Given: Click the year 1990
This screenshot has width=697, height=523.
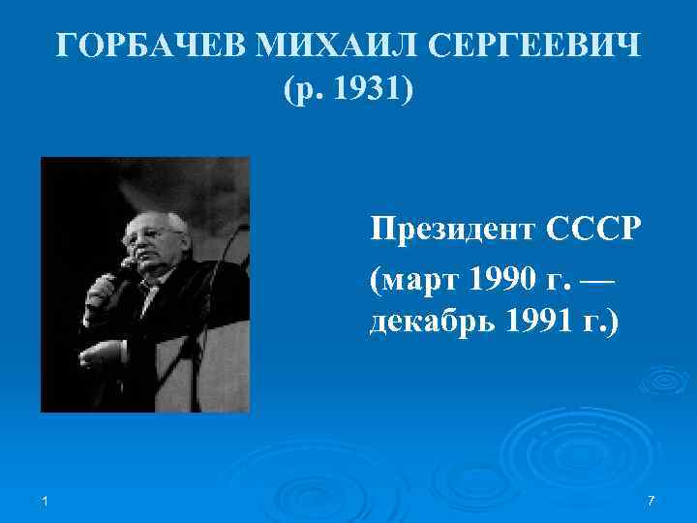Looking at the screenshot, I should (x=501, y=281).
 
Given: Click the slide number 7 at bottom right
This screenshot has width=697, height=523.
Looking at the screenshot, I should (x=651, y=499).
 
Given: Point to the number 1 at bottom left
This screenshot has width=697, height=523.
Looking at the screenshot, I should (x=45, y=499).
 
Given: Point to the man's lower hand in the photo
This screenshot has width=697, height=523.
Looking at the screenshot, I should (x=97, y=354).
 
